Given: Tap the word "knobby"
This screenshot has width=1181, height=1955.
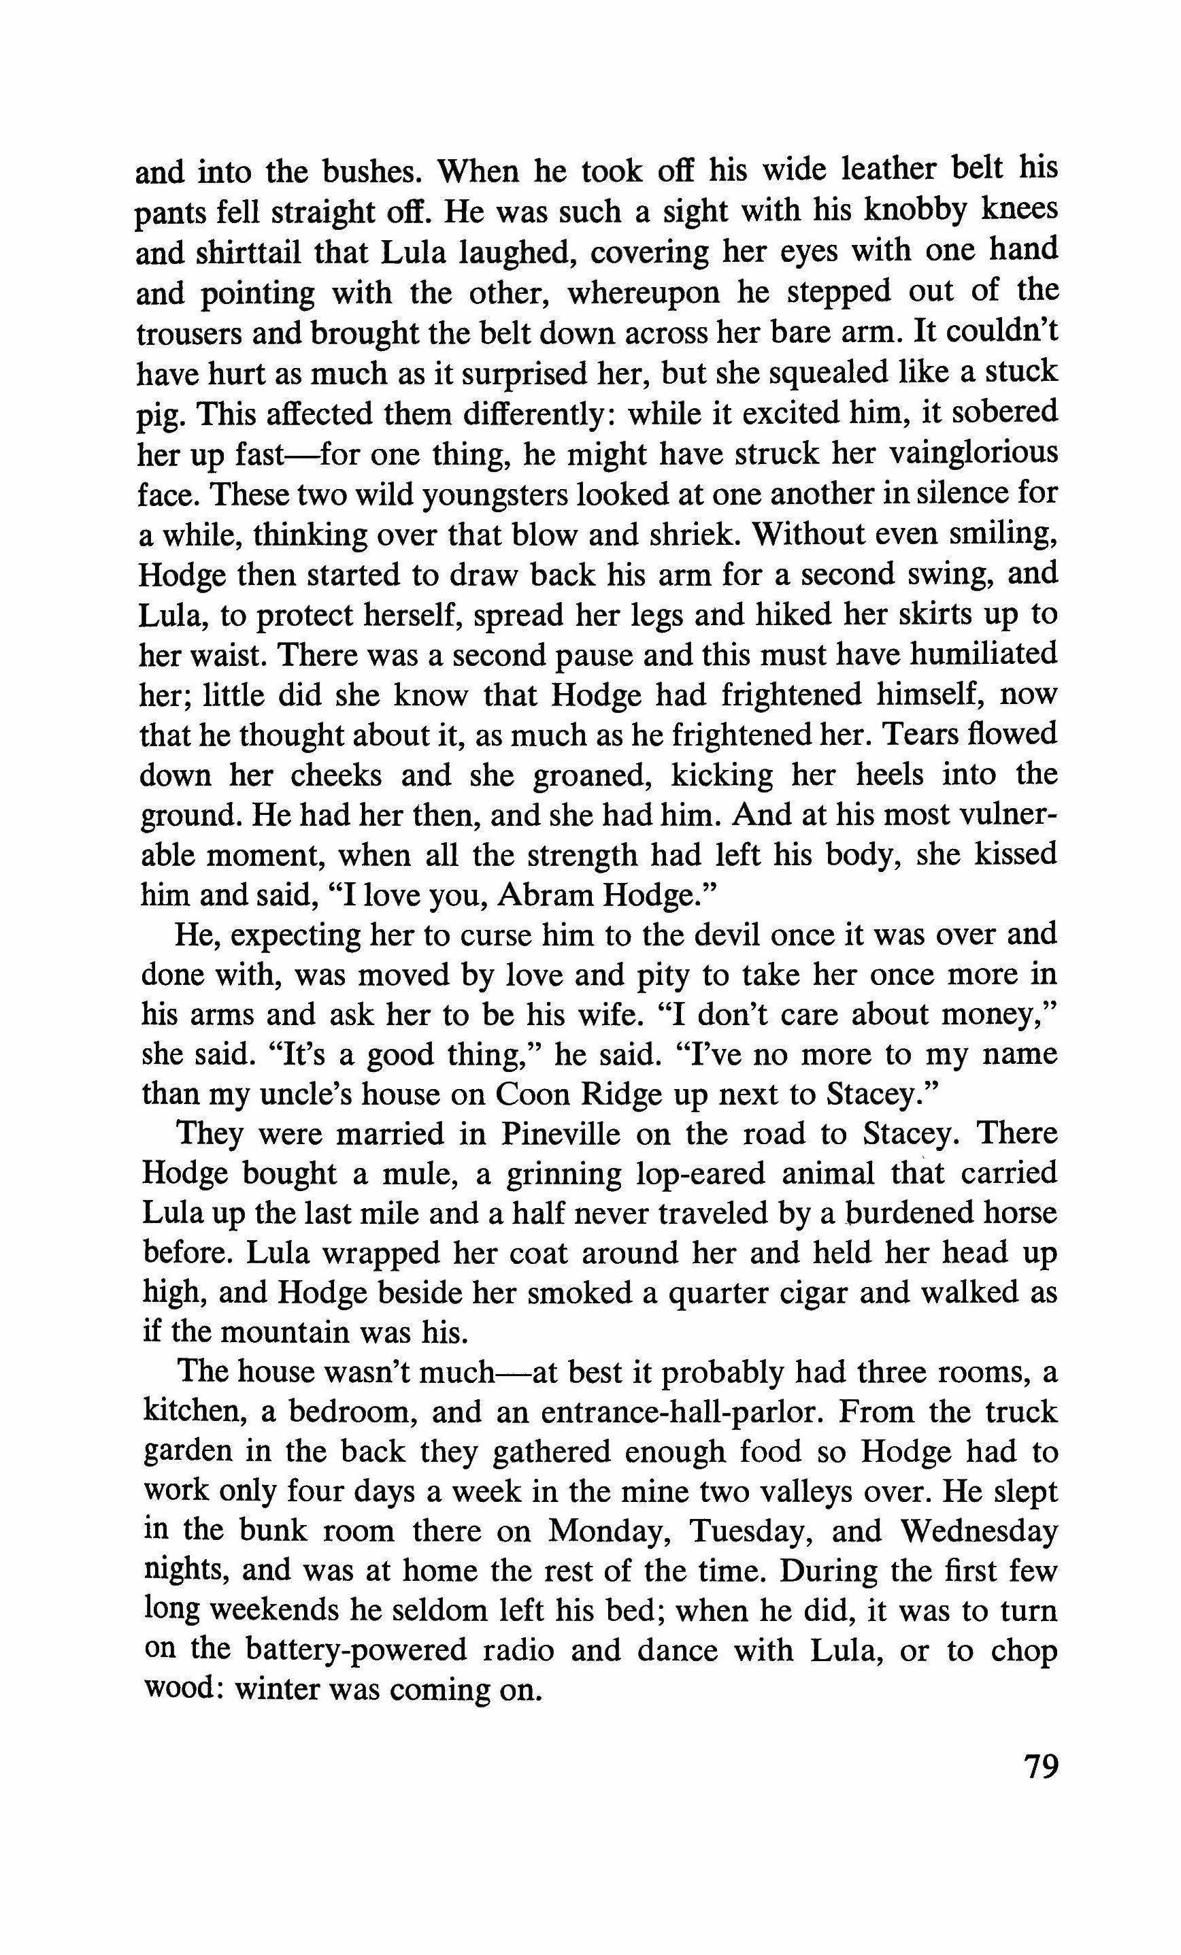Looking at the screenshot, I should (x=916, y=210).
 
